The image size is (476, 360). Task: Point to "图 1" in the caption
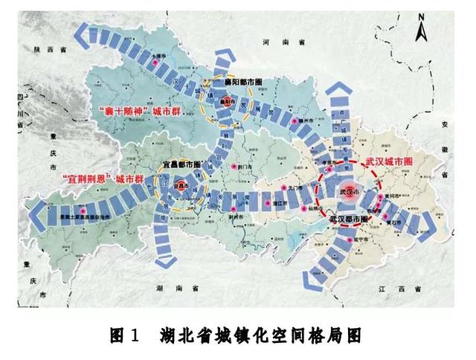click(x=124, y=336)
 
